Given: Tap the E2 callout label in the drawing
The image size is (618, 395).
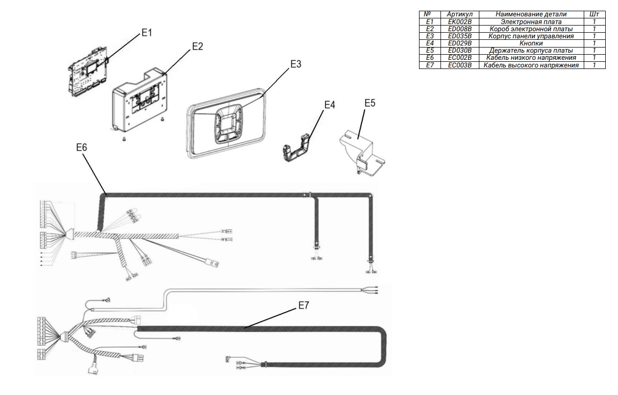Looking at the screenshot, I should coord(197,46).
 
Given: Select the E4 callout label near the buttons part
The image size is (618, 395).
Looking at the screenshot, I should coord(330,105).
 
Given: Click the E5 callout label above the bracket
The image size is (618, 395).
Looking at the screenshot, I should coord(369,103).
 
